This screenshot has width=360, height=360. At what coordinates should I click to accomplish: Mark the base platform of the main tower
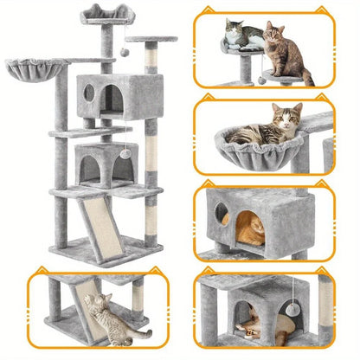point(95,254)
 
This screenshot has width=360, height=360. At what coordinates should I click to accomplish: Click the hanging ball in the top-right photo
point(261,80)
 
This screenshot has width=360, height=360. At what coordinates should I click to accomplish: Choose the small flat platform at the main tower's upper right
point(151,40)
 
